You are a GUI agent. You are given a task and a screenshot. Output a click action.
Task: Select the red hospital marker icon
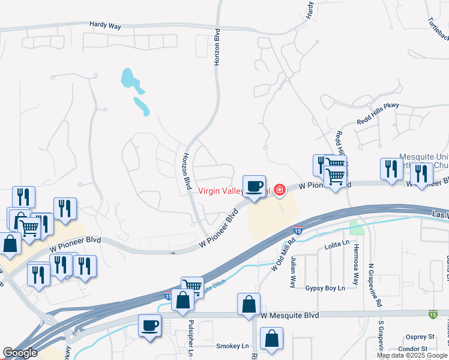(279, 190)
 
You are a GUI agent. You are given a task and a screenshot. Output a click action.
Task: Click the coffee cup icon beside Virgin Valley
(253, 186)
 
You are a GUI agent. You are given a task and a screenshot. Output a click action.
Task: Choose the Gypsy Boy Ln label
(325, 289)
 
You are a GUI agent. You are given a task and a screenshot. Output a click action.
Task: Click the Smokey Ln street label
(232, 346)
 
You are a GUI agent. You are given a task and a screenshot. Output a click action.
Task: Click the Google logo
(20, 353)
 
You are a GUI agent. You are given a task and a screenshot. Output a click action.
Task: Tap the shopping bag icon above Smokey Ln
(272, 338)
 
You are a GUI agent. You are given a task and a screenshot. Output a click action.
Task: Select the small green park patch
(357, 227)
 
